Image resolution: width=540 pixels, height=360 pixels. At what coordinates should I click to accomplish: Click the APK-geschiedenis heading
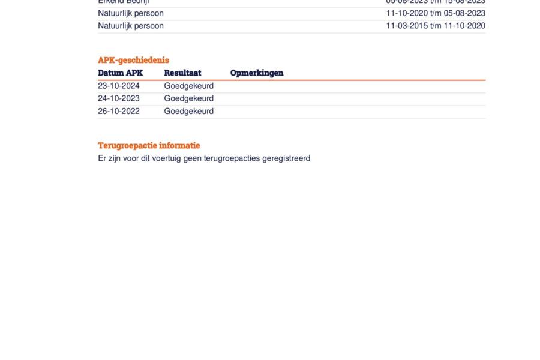point(133,60)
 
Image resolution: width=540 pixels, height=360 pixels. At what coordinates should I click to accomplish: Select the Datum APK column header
point(120,73)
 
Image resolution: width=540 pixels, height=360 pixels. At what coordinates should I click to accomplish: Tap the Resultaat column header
point(182,73)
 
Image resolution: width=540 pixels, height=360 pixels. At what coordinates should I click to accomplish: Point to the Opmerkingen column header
point(257,73)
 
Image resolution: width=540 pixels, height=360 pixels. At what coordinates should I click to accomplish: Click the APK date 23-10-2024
point(119,86)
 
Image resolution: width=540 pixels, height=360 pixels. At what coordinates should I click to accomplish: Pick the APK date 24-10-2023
point(119,98)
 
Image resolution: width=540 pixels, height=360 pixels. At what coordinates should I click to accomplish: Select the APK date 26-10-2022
point(119,111)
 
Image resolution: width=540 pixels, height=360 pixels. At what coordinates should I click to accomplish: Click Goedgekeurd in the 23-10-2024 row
point(188,86)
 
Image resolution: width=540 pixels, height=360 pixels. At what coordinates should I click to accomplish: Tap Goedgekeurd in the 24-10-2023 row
point(188,98)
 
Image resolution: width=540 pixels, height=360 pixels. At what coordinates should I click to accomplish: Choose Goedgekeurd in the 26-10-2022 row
point(188,111)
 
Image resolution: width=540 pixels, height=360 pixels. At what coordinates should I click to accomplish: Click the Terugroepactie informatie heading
point(149,146)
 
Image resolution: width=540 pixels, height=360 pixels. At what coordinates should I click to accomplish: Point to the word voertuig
point(169,158)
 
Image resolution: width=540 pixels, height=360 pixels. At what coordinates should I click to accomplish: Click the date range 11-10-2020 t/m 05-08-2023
point(436,13)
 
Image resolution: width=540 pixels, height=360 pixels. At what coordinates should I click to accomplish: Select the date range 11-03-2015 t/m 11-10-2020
point(436,26)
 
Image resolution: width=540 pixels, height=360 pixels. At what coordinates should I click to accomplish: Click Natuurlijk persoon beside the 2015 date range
point(131,26)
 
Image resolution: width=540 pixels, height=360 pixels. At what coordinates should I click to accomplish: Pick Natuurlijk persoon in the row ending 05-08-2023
point(131,13)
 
